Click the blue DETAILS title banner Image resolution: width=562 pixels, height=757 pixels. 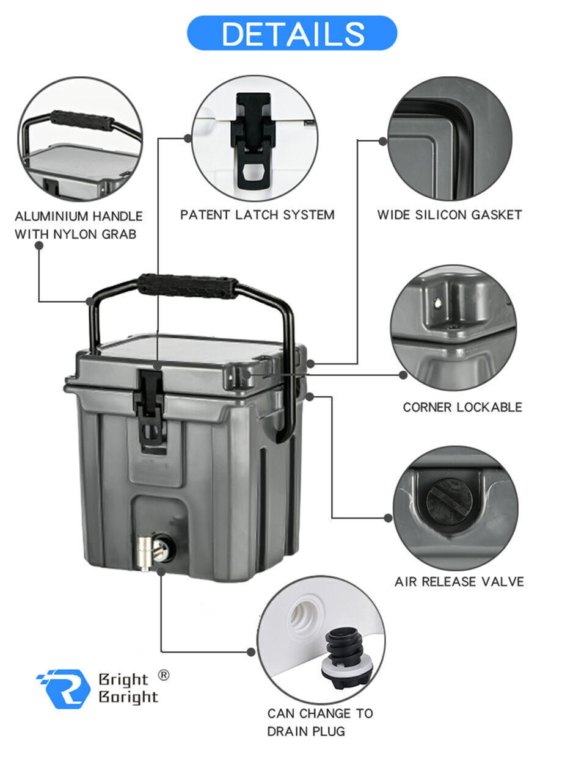[x=291, y=33]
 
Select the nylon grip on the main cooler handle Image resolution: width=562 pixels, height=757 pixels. [x=187, y=286]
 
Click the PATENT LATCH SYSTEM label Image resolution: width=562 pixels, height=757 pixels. [x=257, y=215]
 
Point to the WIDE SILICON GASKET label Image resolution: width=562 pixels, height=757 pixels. [x=449, y=215]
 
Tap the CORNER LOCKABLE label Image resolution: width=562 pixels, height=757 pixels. [x=462, y=407]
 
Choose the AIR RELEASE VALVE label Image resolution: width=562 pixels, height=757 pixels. [x=459, y=582]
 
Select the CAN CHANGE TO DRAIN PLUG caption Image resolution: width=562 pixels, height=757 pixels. [x=319, y=722]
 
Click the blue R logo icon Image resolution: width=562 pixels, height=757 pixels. [x=64, y=689]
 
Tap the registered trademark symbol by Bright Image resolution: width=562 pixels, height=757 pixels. [x=163, y=675]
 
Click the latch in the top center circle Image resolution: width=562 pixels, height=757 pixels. [x=253, y=140]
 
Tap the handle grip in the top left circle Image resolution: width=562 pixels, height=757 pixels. [x=82, y=120]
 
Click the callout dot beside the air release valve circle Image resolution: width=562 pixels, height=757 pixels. [x=388, y=518]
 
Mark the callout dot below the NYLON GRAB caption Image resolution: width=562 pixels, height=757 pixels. [x=39, y=245]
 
